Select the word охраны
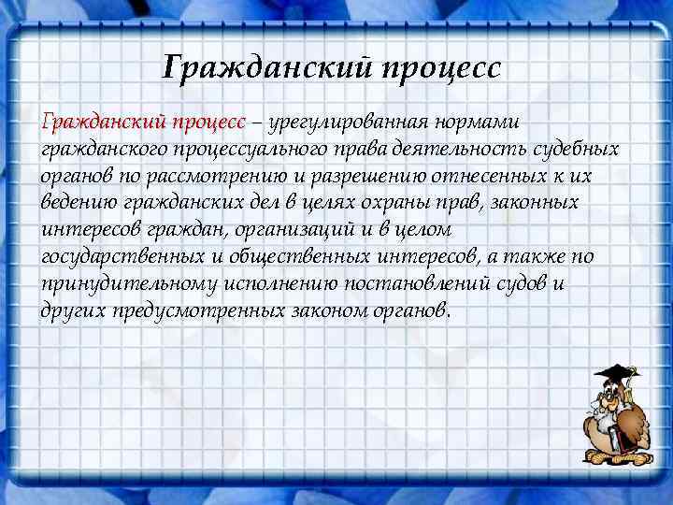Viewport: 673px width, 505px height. click(423, 203)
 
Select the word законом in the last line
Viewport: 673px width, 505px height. click(328, 310)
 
